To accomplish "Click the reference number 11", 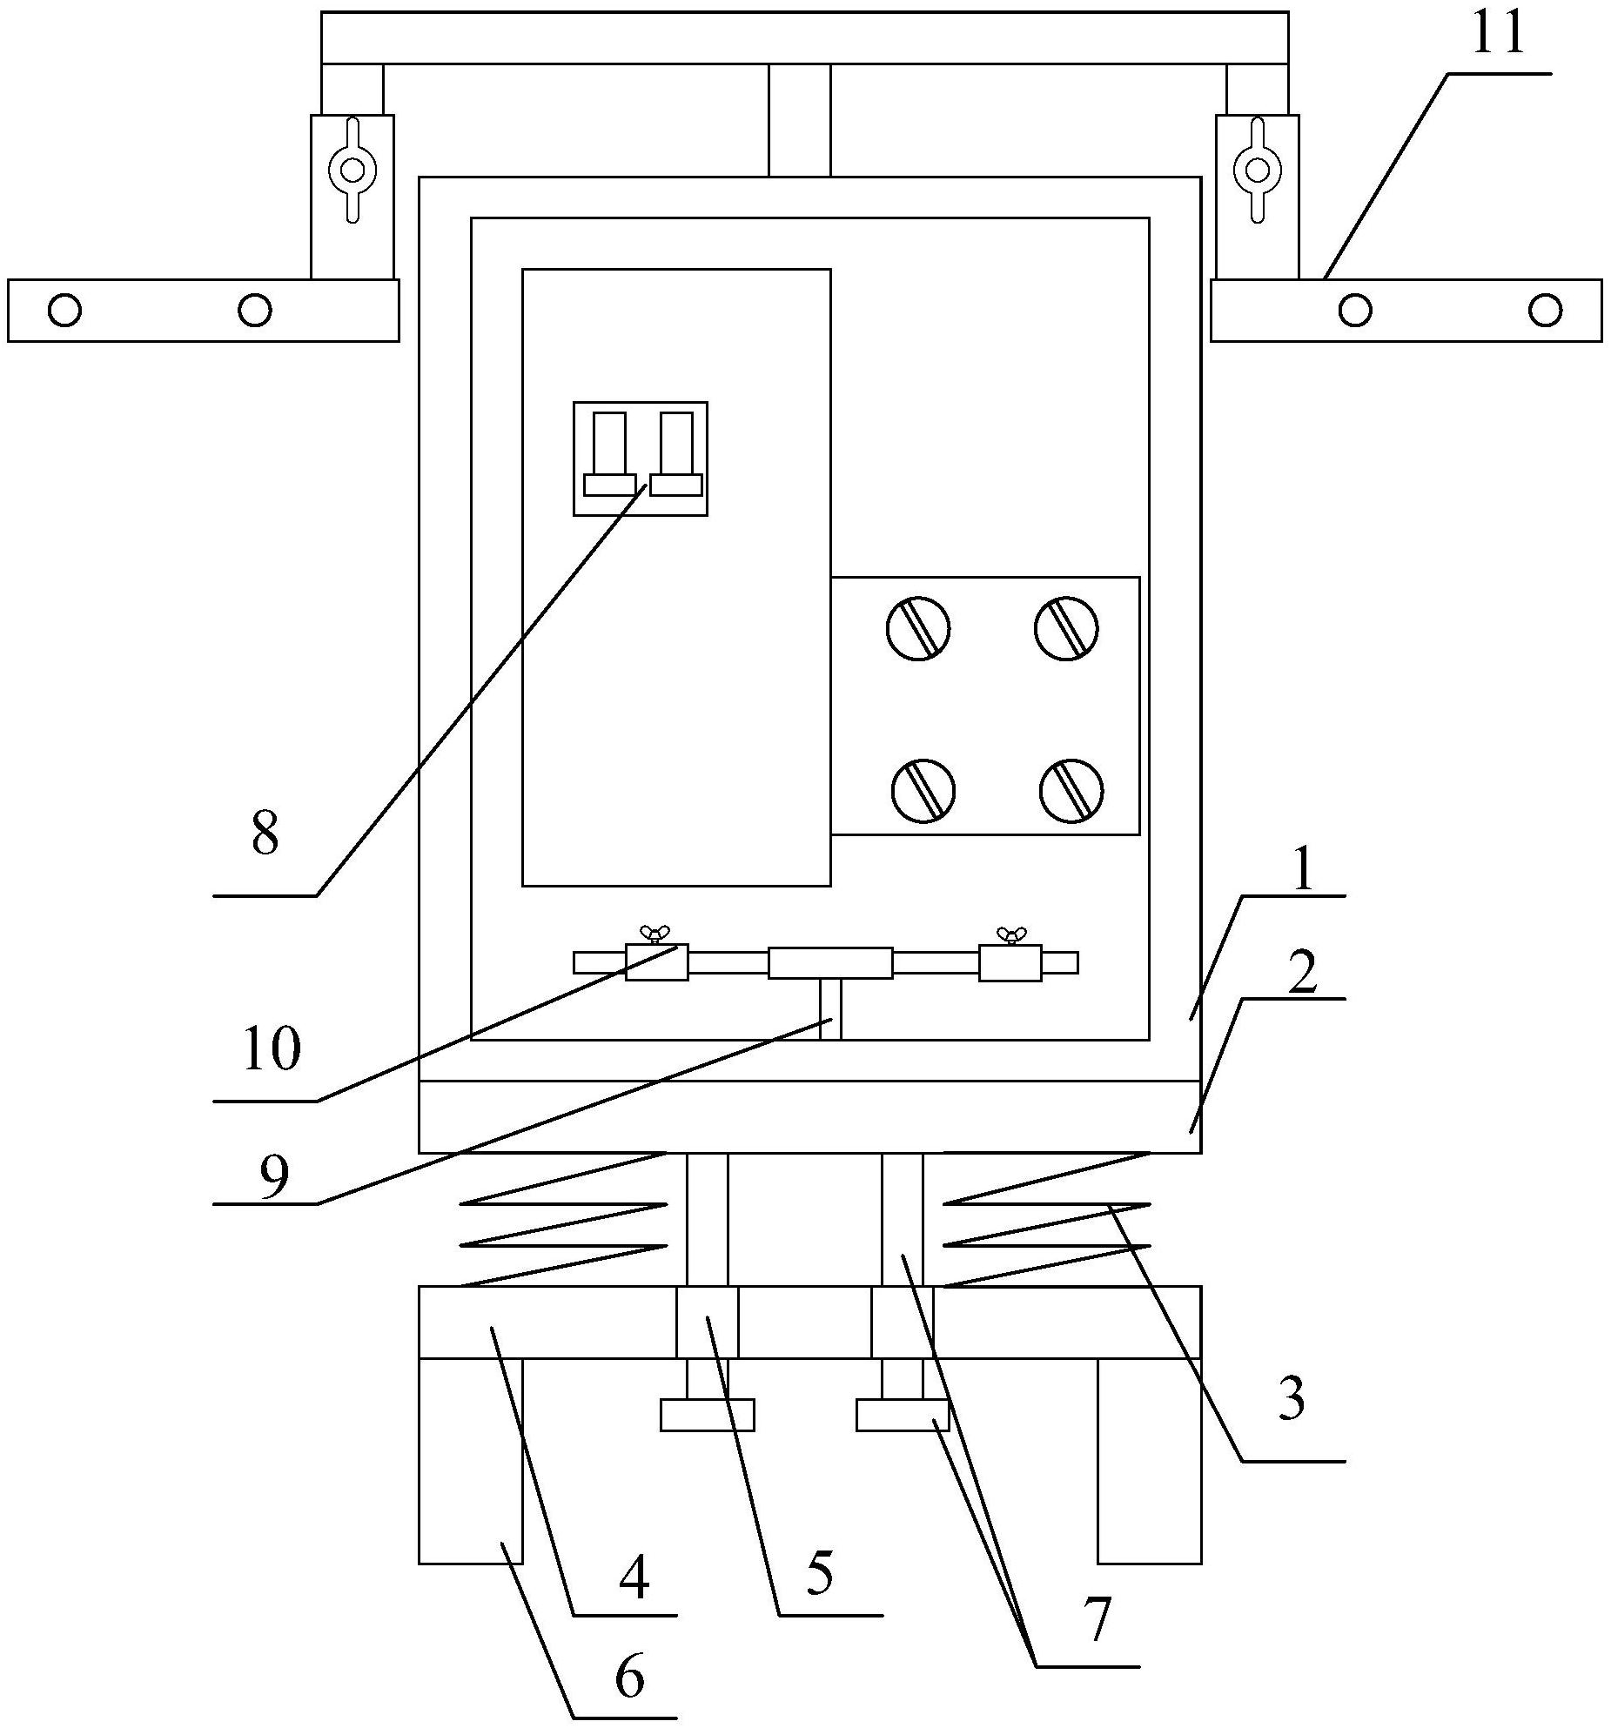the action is tap(1498, 35).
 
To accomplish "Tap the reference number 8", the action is tap(265, 834).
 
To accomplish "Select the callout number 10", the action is tap(272, 1048).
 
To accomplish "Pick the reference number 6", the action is tap(629, 1677).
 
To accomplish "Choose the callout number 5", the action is tap(818, 1573).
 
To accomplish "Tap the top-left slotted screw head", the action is tap(918, 628).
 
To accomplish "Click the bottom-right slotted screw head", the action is tap(1071, 790).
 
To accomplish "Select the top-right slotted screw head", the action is tap(1066, 628).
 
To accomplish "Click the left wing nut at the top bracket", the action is tap(352, 169).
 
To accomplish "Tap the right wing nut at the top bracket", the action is tap(1258, 169).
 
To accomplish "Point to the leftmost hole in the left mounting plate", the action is tap(65, 310).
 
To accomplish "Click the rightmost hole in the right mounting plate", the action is tap(1545, 310).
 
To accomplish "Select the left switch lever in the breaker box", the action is tap(609, 453).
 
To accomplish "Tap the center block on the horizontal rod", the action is tap(830, 963).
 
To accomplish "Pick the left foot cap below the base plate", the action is tap(707, 1415).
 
